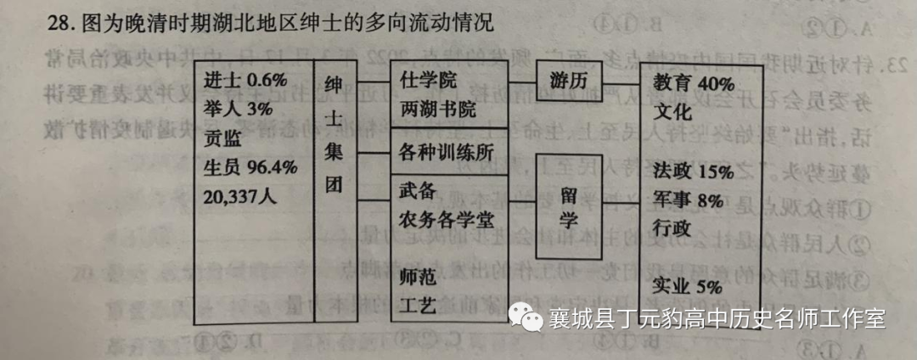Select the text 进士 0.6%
(247, 81)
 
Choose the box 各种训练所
(447, 153)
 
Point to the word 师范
(418, 276)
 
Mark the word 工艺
(418, 304)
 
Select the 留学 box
(568, 206)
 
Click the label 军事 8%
(689, 200)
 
